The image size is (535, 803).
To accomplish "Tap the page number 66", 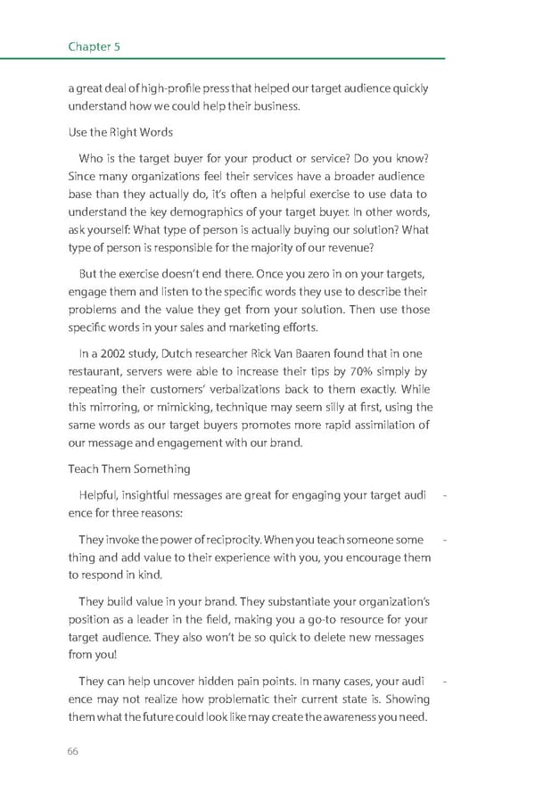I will (73, 751).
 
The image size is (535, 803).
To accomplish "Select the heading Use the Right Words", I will (120, 132).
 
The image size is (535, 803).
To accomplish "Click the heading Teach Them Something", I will (128, 468).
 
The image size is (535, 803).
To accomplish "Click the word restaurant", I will (96, 371).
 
